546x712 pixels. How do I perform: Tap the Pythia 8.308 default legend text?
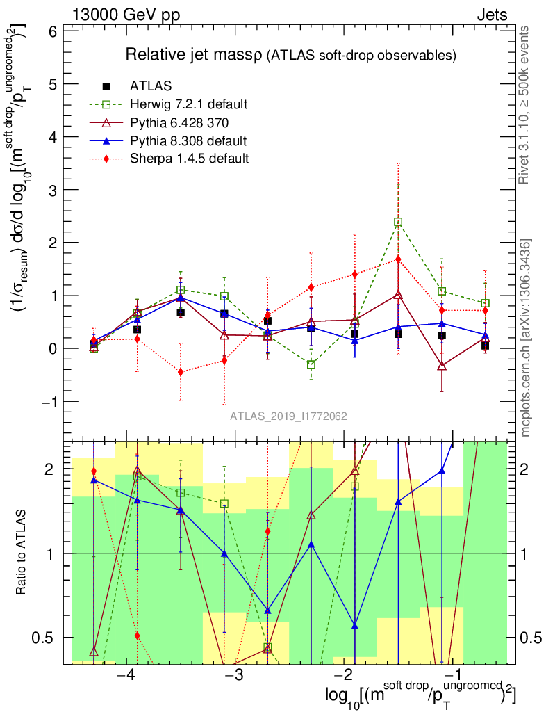click(188, 140)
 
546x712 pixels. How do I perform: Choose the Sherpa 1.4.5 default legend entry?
click(189, 159)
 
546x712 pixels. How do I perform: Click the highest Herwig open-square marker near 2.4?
click(398, 222)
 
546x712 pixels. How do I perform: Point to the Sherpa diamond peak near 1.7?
click(398, 259)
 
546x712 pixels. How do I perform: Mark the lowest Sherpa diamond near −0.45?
click(181, 372)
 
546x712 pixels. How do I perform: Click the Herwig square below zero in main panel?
click(311, 364)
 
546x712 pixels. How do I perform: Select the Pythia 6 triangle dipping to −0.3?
click(442, 366)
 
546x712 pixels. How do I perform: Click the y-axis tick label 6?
click(53, 31)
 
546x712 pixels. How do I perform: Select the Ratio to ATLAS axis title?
click(22, 553)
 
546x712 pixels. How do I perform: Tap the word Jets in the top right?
click(492, 15)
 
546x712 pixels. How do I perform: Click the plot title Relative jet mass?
click(194, 54)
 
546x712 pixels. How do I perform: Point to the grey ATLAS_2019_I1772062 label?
click(289, 416)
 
